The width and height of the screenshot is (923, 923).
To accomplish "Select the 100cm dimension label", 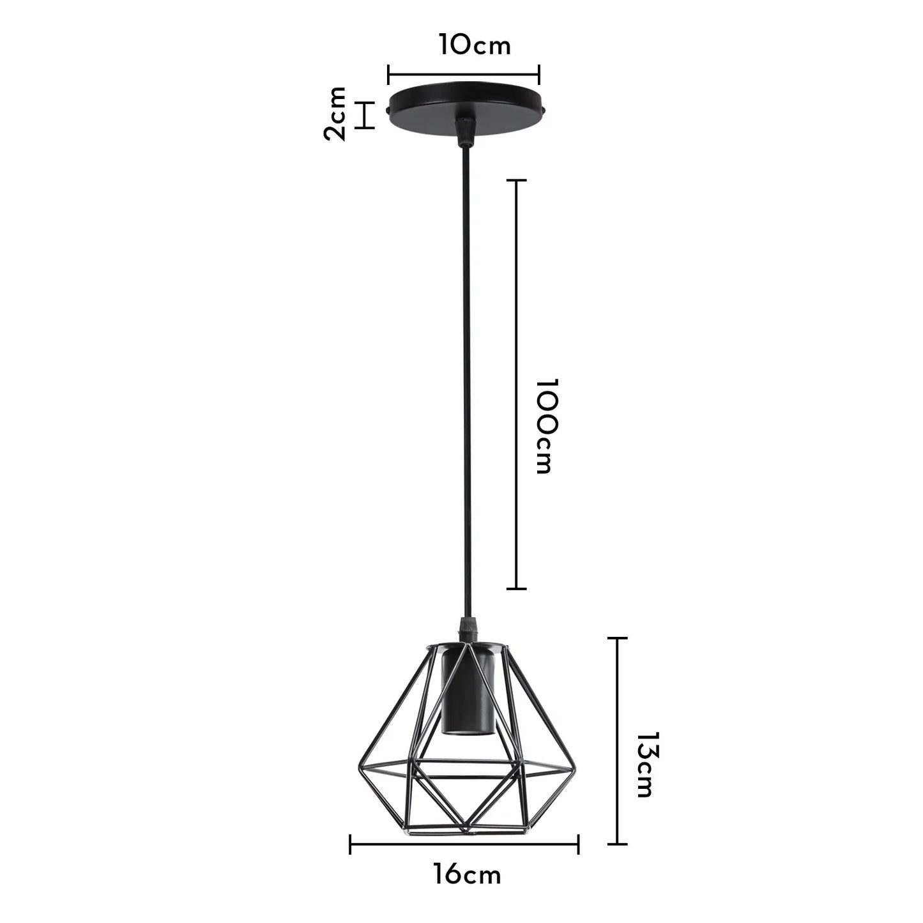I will [x=548, y=426].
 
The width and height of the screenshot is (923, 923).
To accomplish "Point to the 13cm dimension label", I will [x=645, y=765].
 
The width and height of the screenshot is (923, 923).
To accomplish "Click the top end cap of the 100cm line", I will [x=516, y=181].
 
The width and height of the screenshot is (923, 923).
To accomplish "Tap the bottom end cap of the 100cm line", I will [x=516, y=588].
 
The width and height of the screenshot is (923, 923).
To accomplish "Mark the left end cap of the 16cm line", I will [x=351, y=844].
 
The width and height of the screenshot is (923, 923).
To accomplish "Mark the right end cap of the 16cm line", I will [x=578, y=844].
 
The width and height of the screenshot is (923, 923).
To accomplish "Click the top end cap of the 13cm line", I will [x=616, y=638].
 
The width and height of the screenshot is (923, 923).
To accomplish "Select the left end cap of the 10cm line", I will [x=389, y=74].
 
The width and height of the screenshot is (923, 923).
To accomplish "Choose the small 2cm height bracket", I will [x=365, y=115].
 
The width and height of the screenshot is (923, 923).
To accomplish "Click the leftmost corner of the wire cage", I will [x=357, y=767].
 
